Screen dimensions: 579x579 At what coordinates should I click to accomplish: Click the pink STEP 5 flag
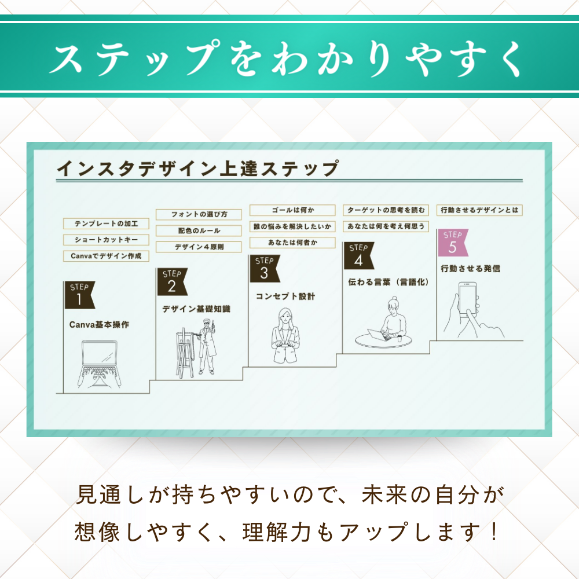coord(452,243)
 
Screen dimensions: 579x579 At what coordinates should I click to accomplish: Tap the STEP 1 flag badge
coord(79,295)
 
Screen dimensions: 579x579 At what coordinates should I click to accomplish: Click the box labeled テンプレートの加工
coord(106,223)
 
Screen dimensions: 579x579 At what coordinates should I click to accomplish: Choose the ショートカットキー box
coord(106,240)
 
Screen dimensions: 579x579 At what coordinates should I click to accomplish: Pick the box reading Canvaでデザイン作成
coord(106,256)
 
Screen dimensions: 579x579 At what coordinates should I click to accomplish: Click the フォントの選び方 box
coord(199,215)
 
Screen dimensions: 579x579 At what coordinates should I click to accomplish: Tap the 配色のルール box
coord(199,231)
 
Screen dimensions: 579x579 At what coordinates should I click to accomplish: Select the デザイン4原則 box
coord(199,247)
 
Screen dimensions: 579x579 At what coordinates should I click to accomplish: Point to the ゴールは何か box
coord(292,210)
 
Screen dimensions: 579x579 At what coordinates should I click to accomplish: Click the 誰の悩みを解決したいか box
coord(292,226)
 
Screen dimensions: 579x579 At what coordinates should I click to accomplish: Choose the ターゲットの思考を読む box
coord(386,210)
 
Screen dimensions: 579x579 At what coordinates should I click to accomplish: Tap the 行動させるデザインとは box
coord(479,210)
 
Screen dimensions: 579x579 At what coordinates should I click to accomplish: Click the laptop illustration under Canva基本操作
coord(99,364)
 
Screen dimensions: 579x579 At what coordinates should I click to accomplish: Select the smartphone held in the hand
coord(467,300)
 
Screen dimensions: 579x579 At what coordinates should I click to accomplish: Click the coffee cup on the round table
coord(400,338)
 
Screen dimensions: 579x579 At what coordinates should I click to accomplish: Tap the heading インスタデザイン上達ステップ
coord(198,168)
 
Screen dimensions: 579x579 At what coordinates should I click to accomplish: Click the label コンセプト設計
coord(285,296)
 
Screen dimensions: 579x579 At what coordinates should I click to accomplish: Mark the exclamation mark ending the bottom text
coord(494,532)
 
